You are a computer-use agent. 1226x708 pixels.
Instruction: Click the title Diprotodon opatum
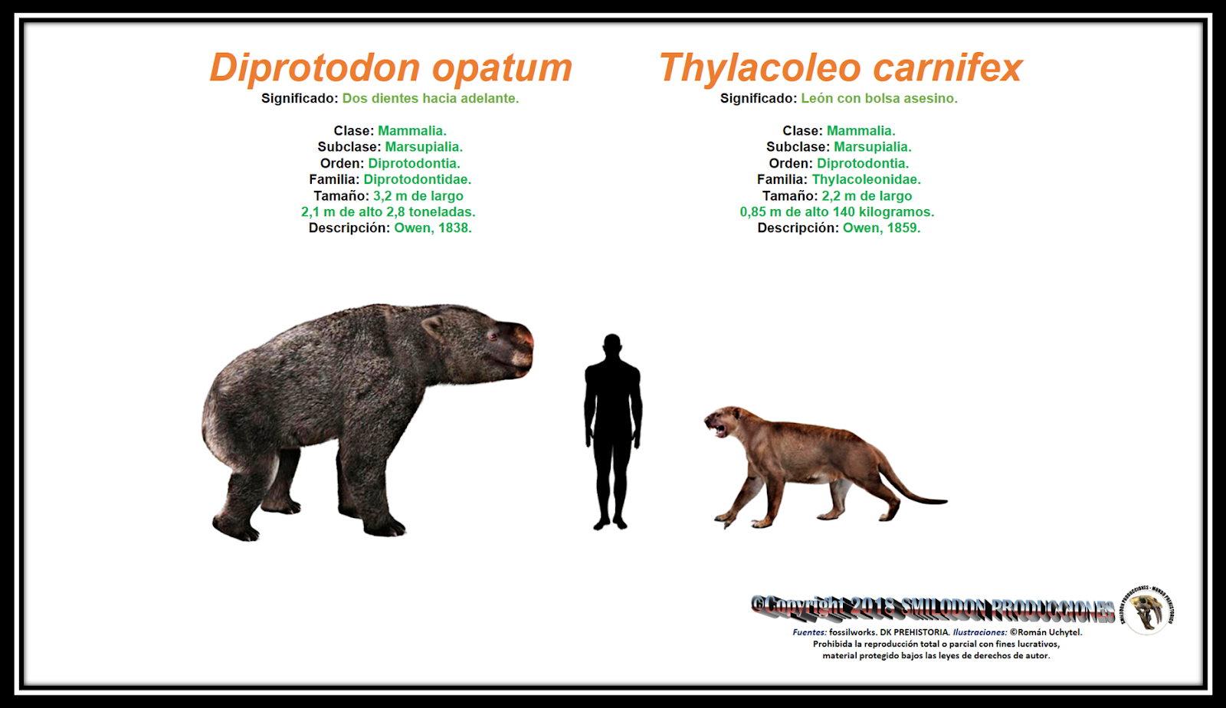[391, 67]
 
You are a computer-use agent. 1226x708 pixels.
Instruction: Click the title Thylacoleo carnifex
[841, 67]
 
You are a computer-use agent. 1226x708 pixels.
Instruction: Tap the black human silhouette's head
[611, 344]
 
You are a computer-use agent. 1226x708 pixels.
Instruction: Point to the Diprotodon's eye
[492, 336]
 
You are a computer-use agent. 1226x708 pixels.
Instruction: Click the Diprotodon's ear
[434, 327]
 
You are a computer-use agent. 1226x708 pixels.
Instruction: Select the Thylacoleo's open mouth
[719, 427]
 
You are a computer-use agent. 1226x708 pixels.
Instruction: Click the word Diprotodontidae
[417, 179]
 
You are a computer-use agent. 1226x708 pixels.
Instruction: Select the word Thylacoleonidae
[866, 179]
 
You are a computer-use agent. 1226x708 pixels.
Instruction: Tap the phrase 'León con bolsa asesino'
[878, 98]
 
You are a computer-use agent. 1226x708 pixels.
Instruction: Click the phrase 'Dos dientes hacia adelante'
[430, 98]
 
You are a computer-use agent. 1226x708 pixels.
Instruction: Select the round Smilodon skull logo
[1148, 609]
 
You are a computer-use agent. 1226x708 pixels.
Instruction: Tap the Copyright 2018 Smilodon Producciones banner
[933, 608]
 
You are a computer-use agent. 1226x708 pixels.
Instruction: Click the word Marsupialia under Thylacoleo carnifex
[872, 146]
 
